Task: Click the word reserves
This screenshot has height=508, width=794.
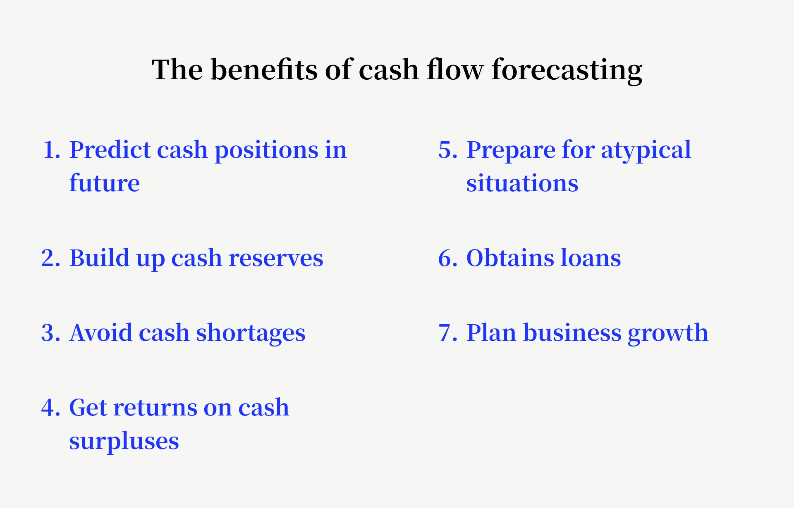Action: [275, 258]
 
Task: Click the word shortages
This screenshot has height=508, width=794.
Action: [251, 333]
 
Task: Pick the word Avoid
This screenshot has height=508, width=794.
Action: [100, 333]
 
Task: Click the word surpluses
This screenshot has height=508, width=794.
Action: [124, 441]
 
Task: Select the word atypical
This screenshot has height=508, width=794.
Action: [646, 150]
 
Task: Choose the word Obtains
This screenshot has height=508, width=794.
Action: [510, 258]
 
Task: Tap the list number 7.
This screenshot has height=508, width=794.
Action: [447, 333]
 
